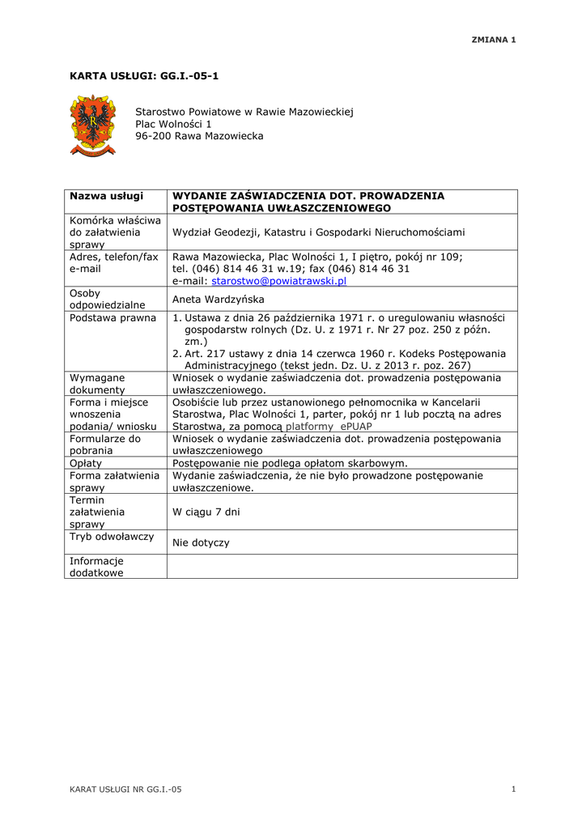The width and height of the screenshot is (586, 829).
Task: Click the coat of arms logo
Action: pyautogui.click(x=93, y=125)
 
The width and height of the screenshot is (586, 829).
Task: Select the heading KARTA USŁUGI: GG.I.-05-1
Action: pyautogui.click(x=144, y=76)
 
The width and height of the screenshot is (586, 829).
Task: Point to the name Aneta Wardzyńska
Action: pyautogui.click(x=219, y=300)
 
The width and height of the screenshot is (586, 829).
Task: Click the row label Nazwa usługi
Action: pyautogui.click(x=106, y=197)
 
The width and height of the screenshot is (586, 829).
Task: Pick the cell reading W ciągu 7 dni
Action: pyautogui.click(x=206, y=512)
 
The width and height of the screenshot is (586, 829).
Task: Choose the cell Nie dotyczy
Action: pyautogui.click(x=201, y=543)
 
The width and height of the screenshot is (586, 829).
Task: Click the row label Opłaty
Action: pyautogui.click(x=86, y=464)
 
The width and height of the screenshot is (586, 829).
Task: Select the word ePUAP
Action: pyautogui.click(x=356, y=427)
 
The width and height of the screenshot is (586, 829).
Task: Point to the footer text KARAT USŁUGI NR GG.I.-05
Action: pyautogui.click(x=125, y=789)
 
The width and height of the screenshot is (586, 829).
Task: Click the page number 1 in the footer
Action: pyautogui.click(x=514, y=789)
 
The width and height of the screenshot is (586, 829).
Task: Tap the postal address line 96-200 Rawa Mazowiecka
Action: pyautogui.click(x=199, y=137)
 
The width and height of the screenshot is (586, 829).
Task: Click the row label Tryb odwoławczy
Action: pyautogui.click(x=112, y=537)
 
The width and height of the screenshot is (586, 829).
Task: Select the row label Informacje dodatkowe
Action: pyautogui.click(x=96, y=567)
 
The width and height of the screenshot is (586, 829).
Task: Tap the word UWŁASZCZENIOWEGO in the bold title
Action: pyautogui.click(x=328, y=209)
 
